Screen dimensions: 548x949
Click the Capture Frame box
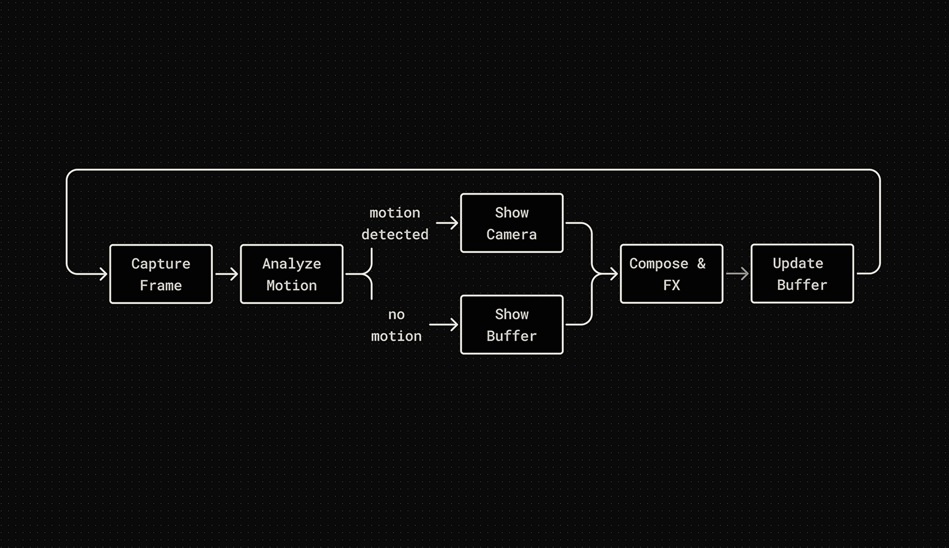click(161, 274)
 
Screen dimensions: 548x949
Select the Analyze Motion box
click(292, 274)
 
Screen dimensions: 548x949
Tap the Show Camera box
click(511, 223)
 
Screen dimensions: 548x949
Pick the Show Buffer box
click(511, 324)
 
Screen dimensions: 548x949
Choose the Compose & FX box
click(671, 274)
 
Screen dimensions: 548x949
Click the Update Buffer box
click(802, 274)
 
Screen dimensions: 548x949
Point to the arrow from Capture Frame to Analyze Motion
click(227, 274)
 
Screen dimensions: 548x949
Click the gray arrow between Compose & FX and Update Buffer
click(737, 274)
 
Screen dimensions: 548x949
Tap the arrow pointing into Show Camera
click(447, 223)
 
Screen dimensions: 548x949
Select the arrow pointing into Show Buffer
click(444, 324)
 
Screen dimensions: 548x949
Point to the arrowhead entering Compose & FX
click(614, 274)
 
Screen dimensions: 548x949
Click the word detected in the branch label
click(395, 234)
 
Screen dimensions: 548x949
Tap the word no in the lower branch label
click(396, 314)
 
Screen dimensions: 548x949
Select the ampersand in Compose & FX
click(701, 263)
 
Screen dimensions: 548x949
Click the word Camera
click(511, 234)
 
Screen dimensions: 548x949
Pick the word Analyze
click(292, 263)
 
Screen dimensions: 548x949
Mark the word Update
click(798, 263)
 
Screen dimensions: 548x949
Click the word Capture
click(161, 263)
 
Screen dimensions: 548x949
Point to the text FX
click(672, 285)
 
